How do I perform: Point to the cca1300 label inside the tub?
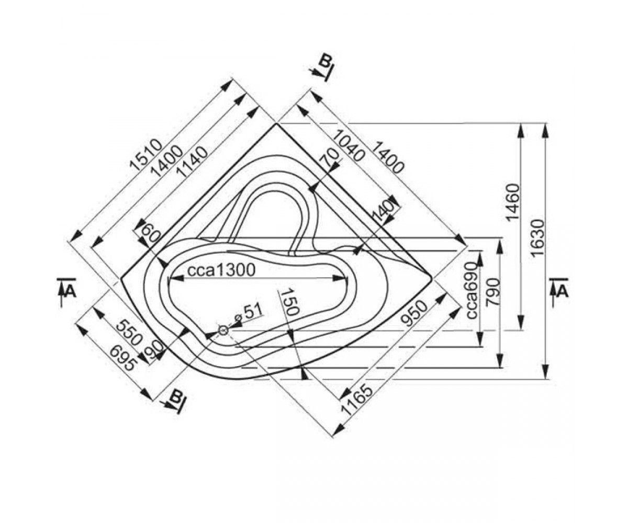pyautogui.click(x=221, y=270)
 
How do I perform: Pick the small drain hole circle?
pyautogui.click(x=223, y=331)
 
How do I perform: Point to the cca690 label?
pyautogui.click(x=472, y=290)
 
